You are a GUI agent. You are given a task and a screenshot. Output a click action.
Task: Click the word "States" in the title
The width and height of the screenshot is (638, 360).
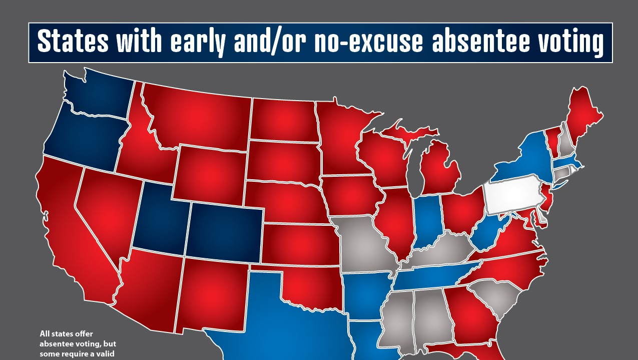tap(73, 42)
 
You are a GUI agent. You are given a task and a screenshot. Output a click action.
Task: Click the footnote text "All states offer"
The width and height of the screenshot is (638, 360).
tap(67, 333)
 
